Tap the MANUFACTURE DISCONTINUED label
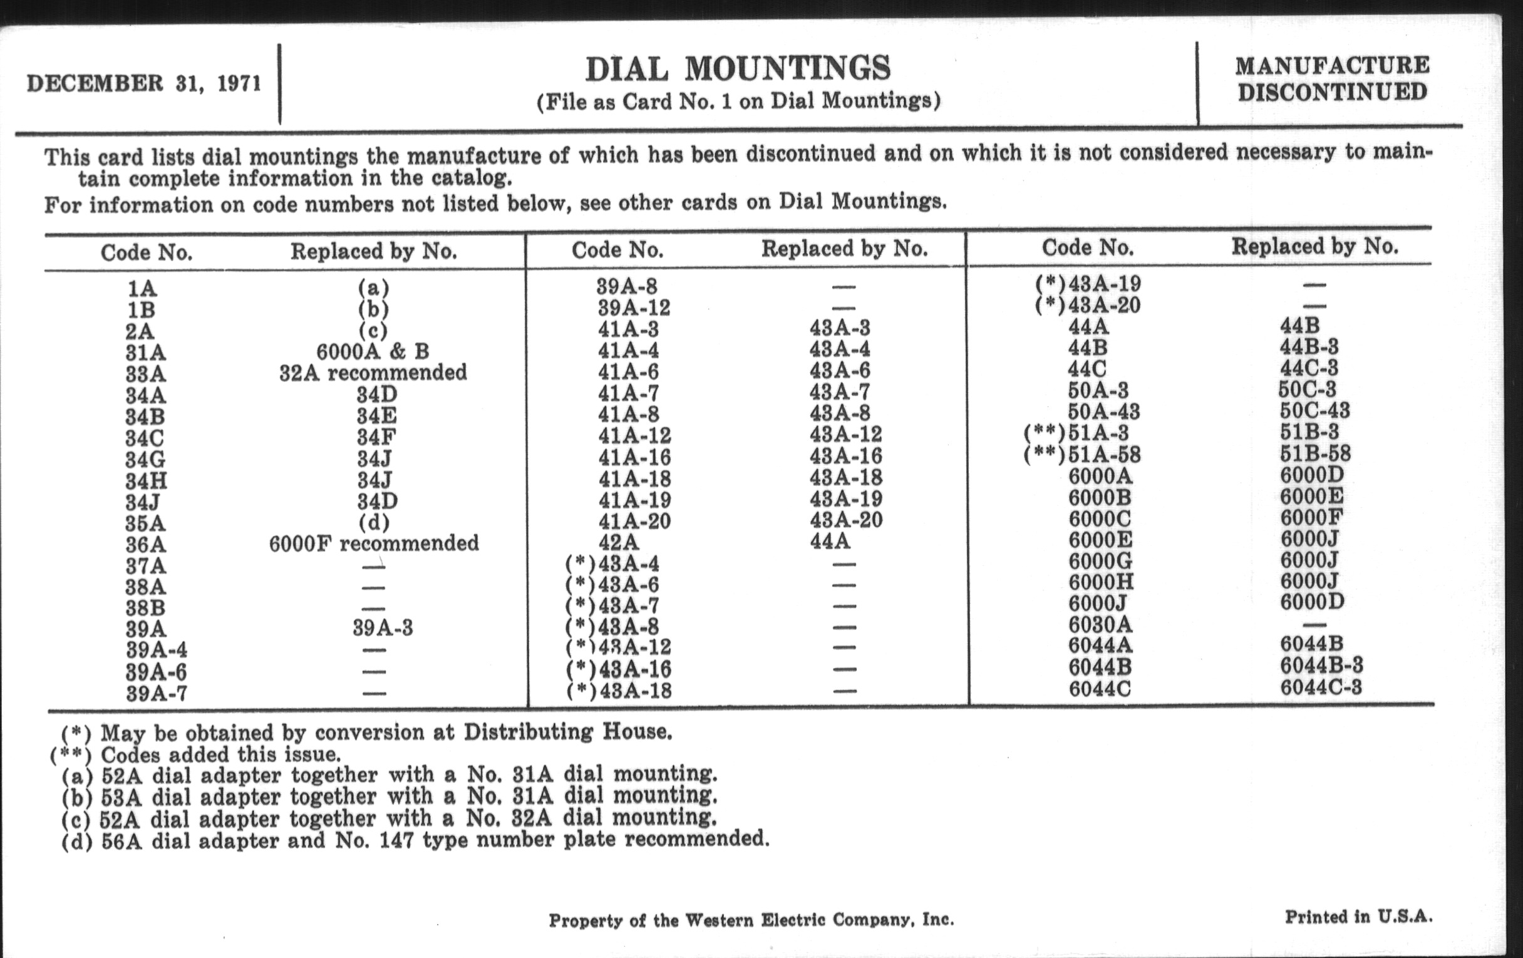click(x=1332, y=79)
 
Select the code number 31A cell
click(x=145, y=353)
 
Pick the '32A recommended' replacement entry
click(x=373, y=373)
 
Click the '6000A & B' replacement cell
click(x=373, y=351)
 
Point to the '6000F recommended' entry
click(x=374, y=543)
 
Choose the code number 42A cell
click(x=619, y=542)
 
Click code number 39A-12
click(x=634, y=308)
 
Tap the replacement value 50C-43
click(x=1314, y=410)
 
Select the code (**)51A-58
click(x=1082, y=455)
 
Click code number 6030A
click(x=1100, y=625)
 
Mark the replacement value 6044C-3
click(x=1321, y=687)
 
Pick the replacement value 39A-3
click(x=383, y=629)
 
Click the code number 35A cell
click(x=145, y=523)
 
